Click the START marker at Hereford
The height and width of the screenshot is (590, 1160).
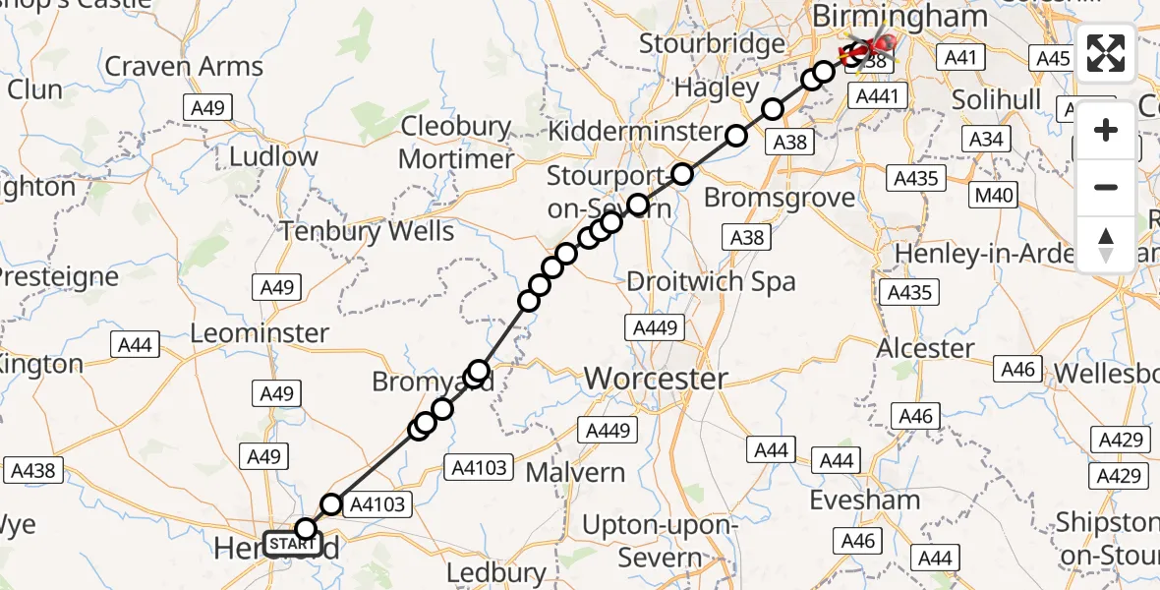click(x=292, y=544)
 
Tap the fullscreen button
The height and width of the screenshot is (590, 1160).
click(x=1106, y=53)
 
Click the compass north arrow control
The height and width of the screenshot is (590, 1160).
click(x=1106, y=244)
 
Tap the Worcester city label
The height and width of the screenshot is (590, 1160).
click(x=656, y=378)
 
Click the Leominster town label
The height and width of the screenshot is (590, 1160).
click(x=260, y=332)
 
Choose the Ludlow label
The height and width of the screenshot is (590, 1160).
click(x=273, y=156)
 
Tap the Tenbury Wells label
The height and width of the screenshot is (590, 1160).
click(x=368, y=231)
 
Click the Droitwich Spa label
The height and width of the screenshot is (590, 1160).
click(x=712, y=281)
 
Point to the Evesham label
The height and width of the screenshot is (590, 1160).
click(x=865, y=500)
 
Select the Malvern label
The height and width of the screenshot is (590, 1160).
click(x=575, y=472)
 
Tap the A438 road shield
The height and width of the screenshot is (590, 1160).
click(x=30, y=471)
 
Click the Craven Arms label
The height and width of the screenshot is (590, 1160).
click(x=184, y=67)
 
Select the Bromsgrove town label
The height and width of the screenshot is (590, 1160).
click(x=780, y=198)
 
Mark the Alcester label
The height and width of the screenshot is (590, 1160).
click(x=925, y=348)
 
